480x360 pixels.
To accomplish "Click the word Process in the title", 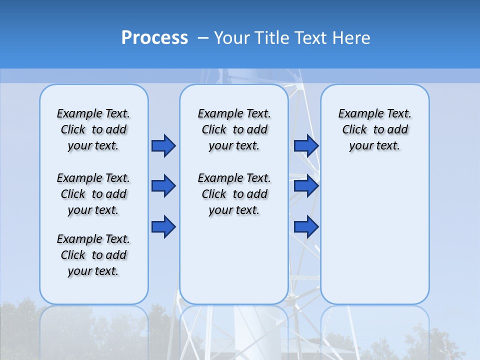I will (x=154, y=37).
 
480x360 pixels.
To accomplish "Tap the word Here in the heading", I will (x=352, y=38).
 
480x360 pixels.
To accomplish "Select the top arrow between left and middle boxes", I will (x=163, y=145).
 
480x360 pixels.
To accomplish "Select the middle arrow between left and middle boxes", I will (x=163, y=186).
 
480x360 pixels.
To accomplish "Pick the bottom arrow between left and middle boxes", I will (x=163, y=226).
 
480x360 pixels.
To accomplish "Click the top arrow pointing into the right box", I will (x=306, y=145).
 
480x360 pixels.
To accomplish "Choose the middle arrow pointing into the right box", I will (x=306, y=186).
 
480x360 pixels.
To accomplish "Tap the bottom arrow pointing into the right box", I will (x=306, y=226).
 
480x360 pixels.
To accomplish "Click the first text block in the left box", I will (x=93, y=129).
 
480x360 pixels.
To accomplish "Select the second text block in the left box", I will (x=93, y=194).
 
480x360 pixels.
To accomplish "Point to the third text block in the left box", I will (x=93, y=255).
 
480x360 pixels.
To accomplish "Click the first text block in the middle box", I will (x=234, y=129).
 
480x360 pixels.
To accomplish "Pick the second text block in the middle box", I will (x=234, y=194).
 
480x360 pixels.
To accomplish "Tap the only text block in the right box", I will (x=374, y=129).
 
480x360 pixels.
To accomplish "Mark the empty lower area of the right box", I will (x=374, y=240).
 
